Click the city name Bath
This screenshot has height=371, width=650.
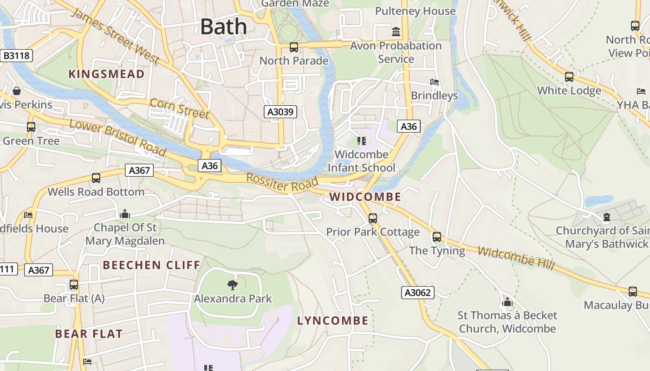tap(223, 27)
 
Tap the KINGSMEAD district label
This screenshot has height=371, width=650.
tap(106, 74)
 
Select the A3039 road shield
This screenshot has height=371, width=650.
tap(280, 112)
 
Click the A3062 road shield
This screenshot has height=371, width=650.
tap(417, 292)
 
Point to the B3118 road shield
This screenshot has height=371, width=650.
tap(16, 56)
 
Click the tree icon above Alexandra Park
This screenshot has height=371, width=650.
tap(233, 285)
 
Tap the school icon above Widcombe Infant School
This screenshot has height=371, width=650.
tap(361, 141)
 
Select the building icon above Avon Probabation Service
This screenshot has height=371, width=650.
tap(396, 32)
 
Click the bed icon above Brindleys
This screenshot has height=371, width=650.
tap(435, 82)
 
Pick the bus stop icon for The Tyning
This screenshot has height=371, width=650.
tap(437, 237)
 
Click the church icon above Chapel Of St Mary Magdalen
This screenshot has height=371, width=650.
tap(124, 214)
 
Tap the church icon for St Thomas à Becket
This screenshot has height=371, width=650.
tap(507, 302)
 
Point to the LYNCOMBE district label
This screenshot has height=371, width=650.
tap(332, 320)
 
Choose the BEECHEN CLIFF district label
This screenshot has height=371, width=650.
tap(151, 265)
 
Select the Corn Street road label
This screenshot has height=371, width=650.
tap(179, 108)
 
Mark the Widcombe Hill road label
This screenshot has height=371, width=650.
tap(516, 258)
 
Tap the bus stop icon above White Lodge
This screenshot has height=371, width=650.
tap(569, 77)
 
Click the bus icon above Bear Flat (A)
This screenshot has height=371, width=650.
tap(74, 285)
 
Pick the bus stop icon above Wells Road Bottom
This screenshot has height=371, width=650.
tap(96, 178)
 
